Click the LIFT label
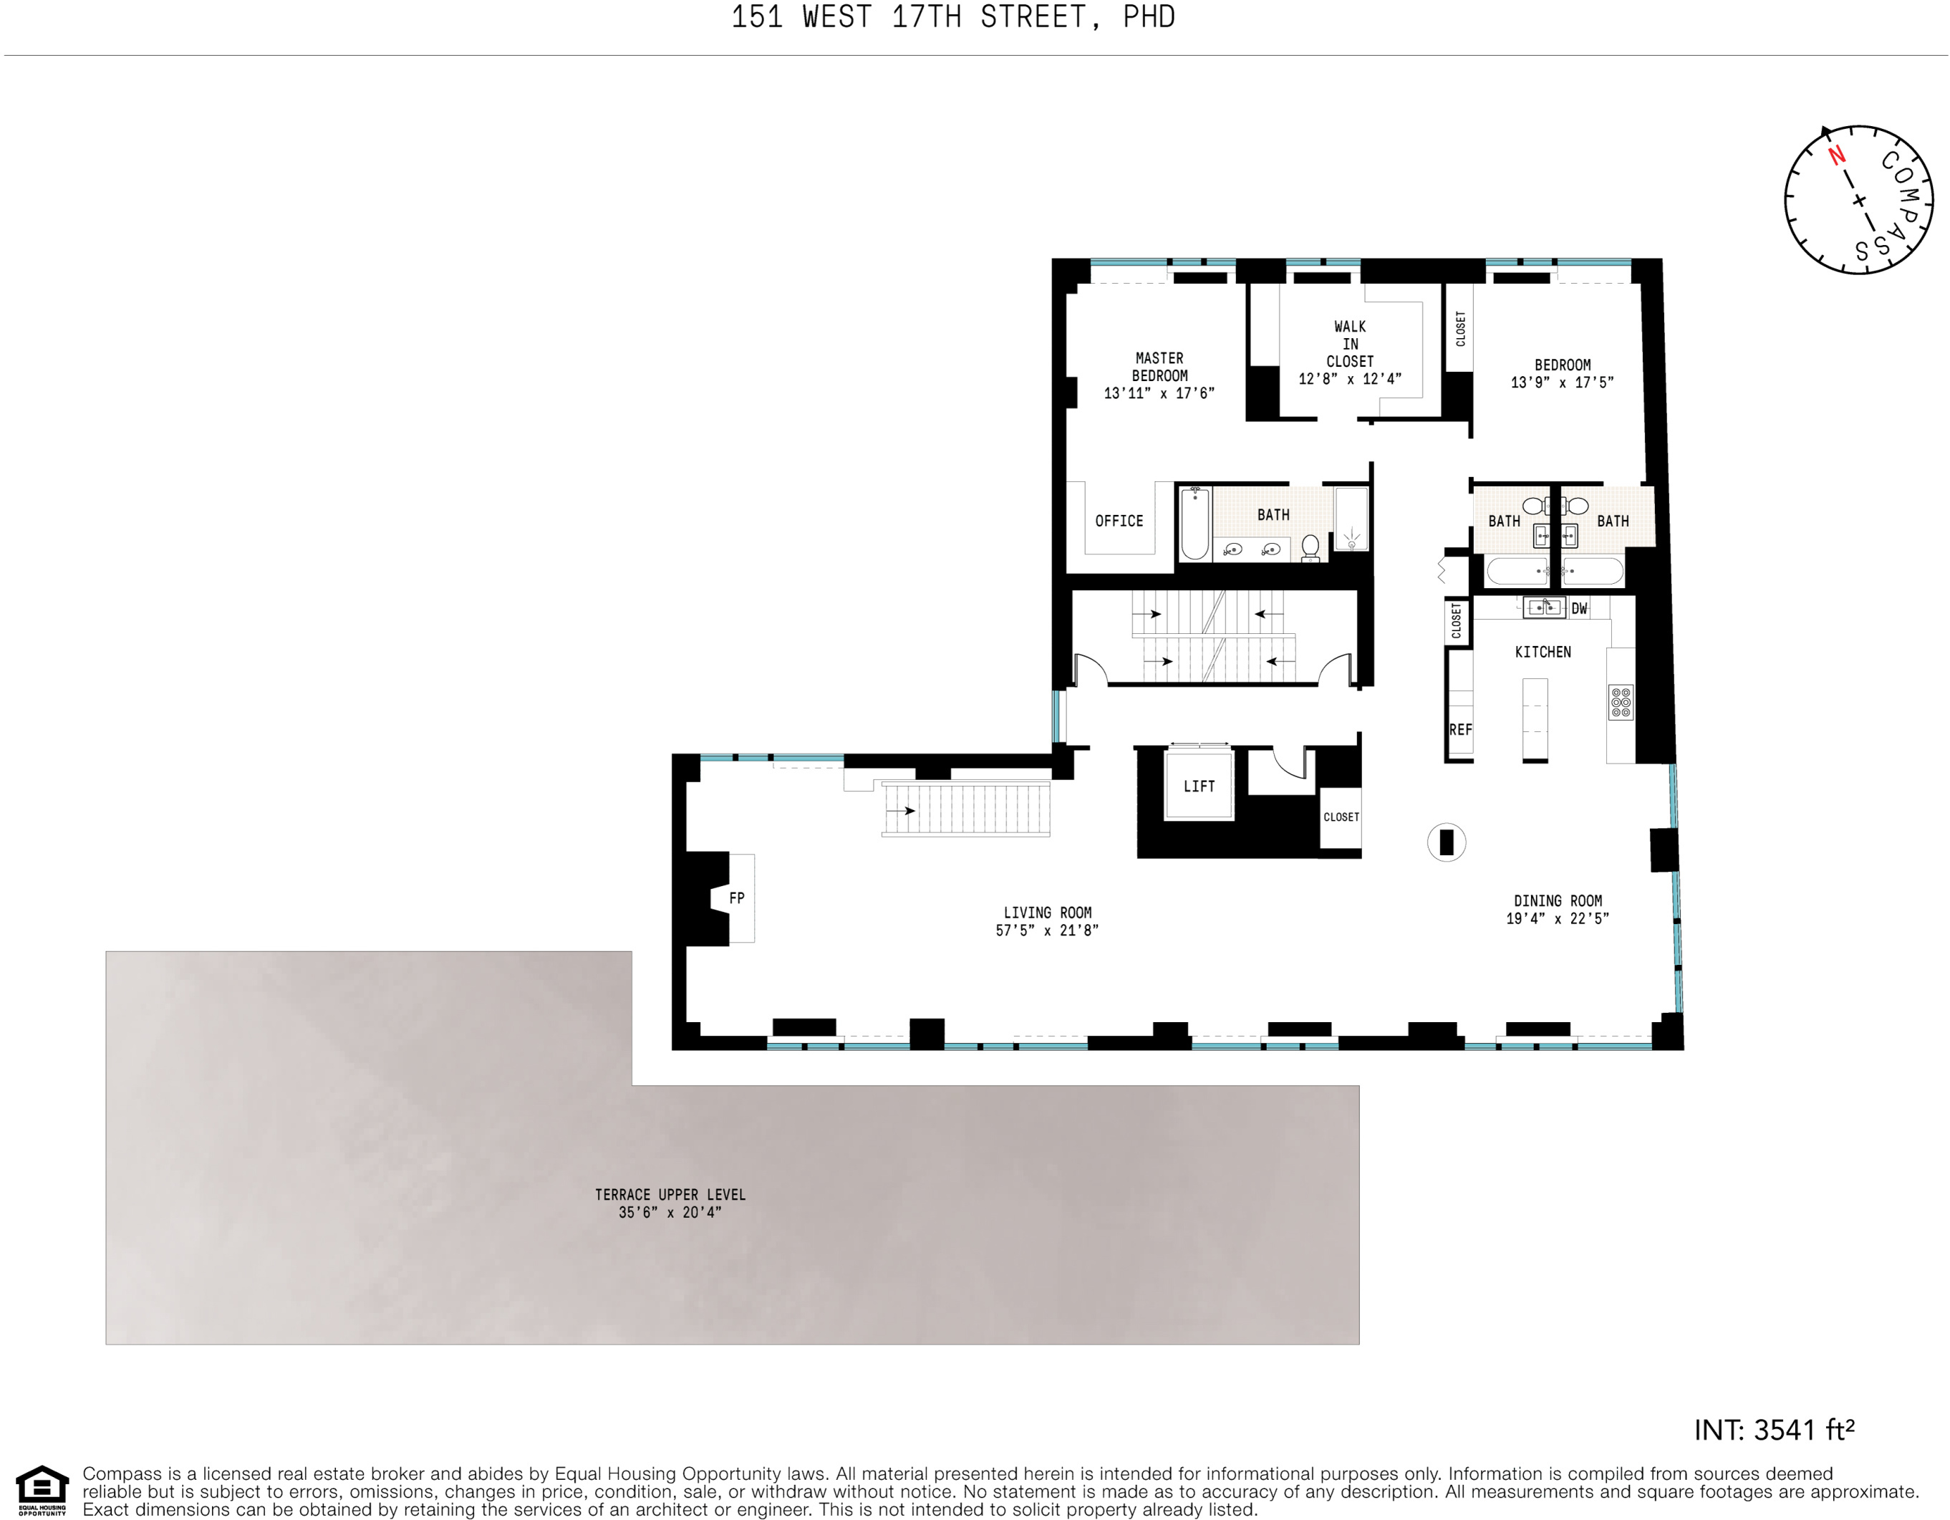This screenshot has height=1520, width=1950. point(1198,786)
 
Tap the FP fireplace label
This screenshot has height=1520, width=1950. point(737,898)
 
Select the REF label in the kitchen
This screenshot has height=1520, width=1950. point(1461,730)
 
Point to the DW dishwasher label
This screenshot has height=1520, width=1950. point(1580,608)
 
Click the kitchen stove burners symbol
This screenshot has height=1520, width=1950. point(1621,702)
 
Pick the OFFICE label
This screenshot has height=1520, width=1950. point(1119,521)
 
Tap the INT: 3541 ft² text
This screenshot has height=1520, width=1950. point(1774,1430)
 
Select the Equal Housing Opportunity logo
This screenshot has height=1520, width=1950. point(42,1490)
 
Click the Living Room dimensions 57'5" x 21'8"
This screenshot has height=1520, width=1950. point(1046,930)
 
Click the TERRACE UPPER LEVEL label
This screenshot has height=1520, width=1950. point(670,1194)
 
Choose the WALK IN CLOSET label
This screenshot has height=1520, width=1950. point(1350,344)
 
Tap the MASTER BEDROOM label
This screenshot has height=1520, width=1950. point(1159,367)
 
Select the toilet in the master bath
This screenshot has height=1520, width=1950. point(1311,547)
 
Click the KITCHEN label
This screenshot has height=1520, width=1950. point(1543,652)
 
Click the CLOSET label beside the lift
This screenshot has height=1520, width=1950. point(1341,817)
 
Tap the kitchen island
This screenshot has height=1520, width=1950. point(1535,719)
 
